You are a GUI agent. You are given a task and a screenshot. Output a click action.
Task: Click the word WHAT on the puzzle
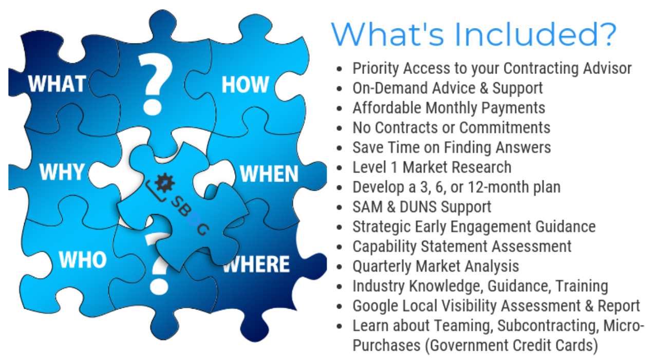click(57, 84)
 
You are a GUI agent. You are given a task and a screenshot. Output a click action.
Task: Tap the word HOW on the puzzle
click(246, 85)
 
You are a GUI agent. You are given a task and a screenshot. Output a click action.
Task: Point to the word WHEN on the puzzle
click(269, 174)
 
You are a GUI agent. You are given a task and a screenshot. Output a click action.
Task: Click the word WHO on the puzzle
click(83, 260)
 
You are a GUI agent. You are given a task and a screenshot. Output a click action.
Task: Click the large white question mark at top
click(155, 84)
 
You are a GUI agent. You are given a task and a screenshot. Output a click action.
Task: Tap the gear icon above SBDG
click(165, 183)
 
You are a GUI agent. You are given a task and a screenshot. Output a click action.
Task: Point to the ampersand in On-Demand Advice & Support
click(483, 88)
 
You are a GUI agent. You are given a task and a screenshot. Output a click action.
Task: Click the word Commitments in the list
click(504, 128)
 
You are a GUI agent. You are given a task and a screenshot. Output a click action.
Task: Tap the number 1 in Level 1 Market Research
click(394, 167)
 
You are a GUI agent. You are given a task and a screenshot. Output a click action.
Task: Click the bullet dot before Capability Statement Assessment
click(340, 247)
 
